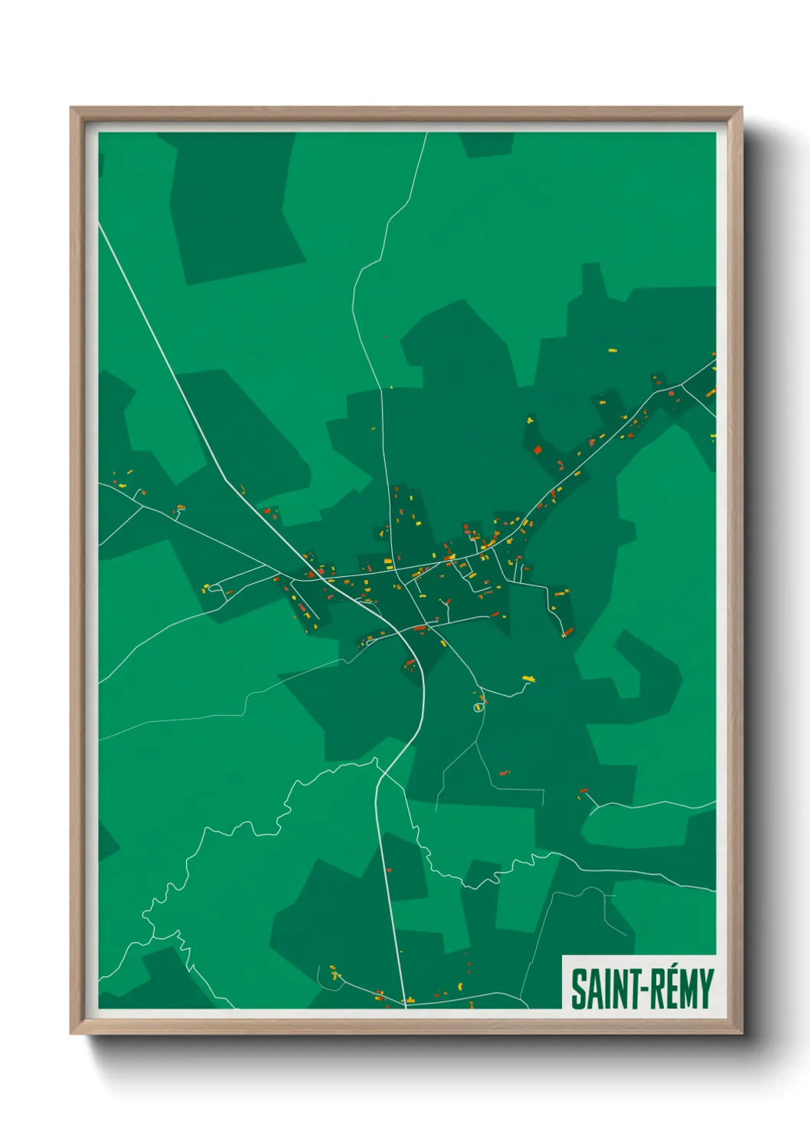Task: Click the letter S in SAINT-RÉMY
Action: [x=578, y=989]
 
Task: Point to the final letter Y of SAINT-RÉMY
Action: [x=706, y=989]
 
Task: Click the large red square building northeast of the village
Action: [x=537, y=450]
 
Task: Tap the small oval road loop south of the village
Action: [x=478, y=707]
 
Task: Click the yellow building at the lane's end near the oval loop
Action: [x=528, y=679]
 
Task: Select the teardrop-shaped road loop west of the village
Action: [x=215, y=588]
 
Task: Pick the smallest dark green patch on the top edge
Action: [x=487, y=143]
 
